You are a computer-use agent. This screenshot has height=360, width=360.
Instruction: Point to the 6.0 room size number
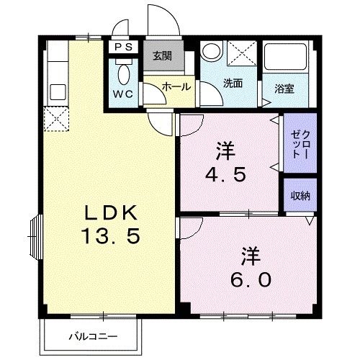(x=251, y=278)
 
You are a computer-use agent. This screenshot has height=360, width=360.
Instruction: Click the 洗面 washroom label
(x=232, y=83)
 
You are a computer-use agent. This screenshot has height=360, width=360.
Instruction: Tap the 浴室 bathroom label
(x=284, y=89)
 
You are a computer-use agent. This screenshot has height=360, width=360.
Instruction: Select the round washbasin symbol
(x=211, y=52)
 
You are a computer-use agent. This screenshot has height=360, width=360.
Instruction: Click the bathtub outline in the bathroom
(x=284, y=62)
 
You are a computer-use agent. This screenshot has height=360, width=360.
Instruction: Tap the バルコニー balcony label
(x=93, y=336)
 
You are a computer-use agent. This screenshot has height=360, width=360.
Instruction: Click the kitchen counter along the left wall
(x=55, y=75)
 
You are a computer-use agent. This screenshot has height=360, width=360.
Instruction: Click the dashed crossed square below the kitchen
(x=55, y=119)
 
